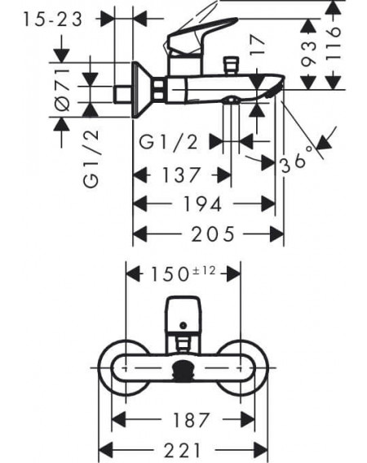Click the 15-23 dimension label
pyautogui.click(x=53, y=20)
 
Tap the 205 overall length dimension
pyautogui.click(x=213, y=234)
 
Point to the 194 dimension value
pyautogui.click(x=202, y=204)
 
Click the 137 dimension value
pyautogui.click(x=181, y=175)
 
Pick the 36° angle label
pyautogui.click(x=296, y=160)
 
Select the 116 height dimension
pyautogui.click(x=333, y=44)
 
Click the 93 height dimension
pyautogui.click(x=308, y=53)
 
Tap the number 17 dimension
pyautogui.click(x=257, y=45)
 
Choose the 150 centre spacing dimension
pyautogui.click(x=170, y=274)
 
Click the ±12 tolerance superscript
pyautogui.click(x=204, y=270)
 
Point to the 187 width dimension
pyautogui.click(x=191, y=420)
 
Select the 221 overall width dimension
pyautogui.click(x=183, y=450)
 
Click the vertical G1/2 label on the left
pyautogui.click(x=91, y=158)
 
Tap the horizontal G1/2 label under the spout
pyautogui.click(x=169, y=142)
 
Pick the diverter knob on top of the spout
pyautogui.click(x=231, y=65)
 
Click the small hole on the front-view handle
pyautogui.click(x=183, y=326)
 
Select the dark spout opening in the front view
pyautogui.click(x=183, y=370)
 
